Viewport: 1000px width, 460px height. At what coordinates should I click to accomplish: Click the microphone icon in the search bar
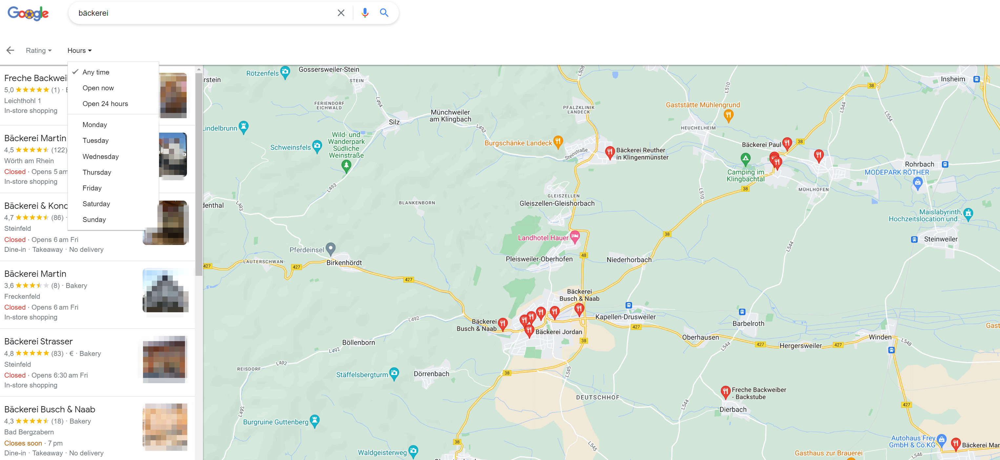tap(364, 13)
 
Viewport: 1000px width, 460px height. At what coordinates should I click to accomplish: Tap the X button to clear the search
tap(341, 13)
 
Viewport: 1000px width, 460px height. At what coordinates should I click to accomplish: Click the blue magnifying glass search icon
tap(384, 13)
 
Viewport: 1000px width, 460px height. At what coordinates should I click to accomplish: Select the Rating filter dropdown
tap(38, 51)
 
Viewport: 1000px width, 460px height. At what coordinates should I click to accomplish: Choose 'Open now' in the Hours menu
tap(98, 88)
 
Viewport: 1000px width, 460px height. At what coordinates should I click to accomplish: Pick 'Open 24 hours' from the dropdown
tap(105, 104)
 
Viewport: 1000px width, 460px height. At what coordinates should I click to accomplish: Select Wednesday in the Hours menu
tap(101, 157)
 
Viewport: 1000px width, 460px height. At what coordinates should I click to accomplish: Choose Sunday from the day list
tap(94, 220)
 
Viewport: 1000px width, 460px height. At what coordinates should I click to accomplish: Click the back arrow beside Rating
tap(10, 50)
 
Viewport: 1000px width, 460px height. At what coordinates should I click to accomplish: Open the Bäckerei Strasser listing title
tap(38, 341)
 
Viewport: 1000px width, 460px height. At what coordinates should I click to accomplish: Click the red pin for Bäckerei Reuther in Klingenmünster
tap(609, 152)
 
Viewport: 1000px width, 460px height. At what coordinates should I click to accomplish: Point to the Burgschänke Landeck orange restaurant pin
tap(558, 142)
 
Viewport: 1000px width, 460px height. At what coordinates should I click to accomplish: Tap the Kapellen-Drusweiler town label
tap(625, 317)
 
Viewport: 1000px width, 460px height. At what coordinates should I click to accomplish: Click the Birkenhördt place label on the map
tap(344, 263)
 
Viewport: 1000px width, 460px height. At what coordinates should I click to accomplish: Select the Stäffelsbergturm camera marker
tap(394, 373)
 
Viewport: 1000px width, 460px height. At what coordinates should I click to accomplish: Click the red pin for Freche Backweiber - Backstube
tap(725, 392)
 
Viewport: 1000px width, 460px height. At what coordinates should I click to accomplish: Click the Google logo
tap(28, 13)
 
